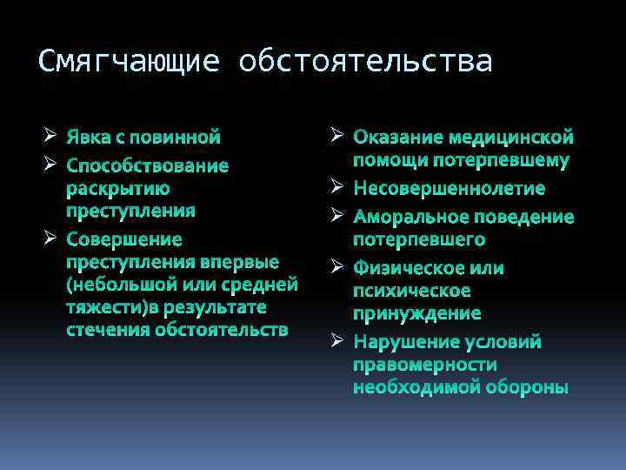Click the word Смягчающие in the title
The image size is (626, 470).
coord(130,62)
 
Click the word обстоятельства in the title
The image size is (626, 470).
coord(365,62)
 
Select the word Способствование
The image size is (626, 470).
coord(148,165)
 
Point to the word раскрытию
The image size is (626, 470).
coord(118,188)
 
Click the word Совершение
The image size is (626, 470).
coord(124,239)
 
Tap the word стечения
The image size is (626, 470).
coord(108,330)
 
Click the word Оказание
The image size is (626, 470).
coord(396,138)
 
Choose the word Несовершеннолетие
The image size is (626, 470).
coord(449,189)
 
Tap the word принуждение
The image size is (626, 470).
coord(416,312)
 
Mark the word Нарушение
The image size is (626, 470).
coord(405,342)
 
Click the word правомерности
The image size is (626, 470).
coord(424,365)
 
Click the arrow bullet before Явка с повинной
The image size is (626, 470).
coord(50,136)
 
